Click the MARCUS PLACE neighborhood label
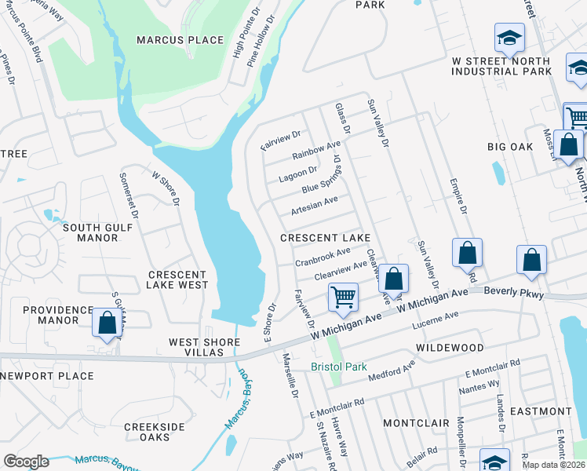[180, 40]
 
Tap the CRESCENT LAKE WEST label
[177, 280]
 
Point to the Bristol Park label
[339, 367]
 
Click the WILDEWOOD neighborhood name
[450, 346]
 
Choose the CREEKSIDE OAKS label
[154, 433]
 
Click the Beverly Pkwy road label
[513, 291]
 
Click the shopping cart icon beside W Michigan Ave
[343, 297]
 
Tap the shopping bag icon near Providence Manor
[107, 323]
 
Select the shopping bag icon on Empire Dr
[467, 253]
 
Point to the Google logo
[26, 462]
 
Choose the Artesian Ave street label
[314, 206]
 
